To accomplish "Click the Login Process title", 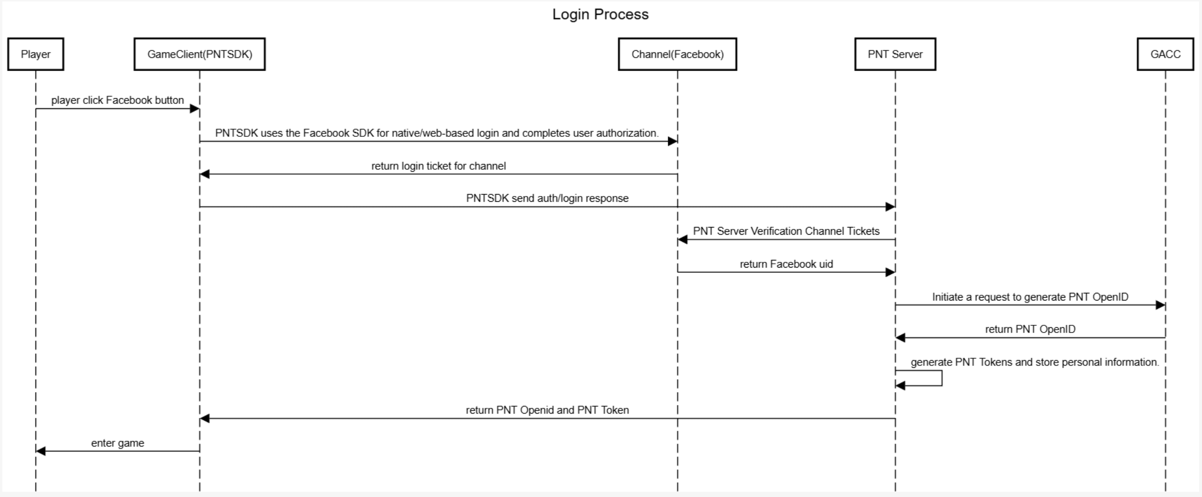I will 600,14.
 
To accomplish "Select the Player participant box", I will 36,54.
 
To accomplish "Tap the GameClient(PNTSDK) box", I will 199,54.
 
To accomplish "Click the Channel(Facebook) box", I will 677,54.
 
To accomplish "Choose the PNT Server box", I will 895,54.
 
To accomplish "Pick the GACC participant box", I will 1165,54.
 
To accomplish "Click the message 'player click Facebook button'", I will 117,100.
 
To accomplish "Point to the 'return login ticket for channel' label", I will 438,166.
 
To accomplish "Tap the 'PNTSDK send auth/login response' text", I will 547,198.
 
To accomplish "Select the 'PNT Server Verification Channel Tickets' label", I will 786,231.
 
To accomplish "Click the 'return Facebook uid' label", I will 786,264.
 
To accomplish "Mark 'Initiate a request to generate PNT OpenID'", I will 1030,297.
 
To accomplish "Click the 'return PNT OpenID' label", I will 1030,330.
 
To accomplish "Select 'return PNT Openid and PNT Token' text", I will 547,410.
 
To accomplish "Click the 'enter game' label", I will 117,443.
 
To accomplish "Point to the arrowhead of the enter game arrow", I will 41,451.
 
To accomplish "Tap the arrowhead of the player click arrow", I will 194,109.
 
